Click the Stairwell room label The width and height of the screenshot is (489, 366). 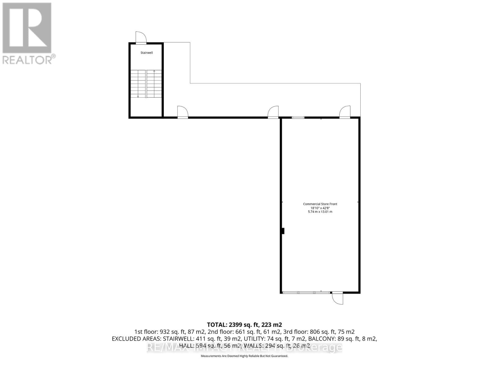pyautogui.click(x=146, y=53)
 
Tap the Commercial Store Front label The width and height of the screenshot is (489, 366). pyautogui.click(x=320, y=204)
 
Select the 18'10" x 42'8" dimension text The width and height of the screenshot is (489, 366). pyautogui.click(x=320, y=208)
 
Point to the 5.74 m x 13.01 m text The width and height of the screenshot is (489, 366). pyautogui.click(x=320, y=212)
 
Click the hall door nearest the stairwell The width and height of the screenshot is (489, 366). pyautogui.click(x=182, y=113)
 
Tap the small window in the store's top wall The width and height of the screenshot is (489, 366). pyautogui.click(x=298, y=117)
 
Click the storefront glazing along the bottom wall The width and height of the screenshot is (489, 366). pyautogui.click(x=306, y=293)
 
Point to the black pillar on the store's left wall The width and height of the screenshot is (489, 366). pyautogui.click(x=283, y=231)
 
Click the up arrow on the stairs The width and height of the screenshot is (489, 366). pyautogui.click(x=154, y=71)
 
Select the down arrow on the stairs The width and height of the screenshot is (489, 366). pyautogui.click(x=138, y=96)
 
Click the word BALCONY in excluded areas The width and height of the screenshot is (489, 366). pyautogui.click(x=321, y=339)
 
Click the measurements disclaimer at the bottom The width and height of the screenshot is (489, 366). pyautogui.click(x=244, y=356)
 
